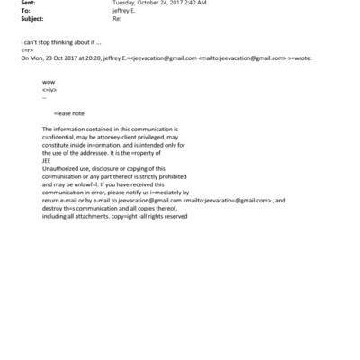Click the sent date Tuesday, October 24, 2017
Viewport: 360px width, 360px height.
(x=148, y=4)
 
